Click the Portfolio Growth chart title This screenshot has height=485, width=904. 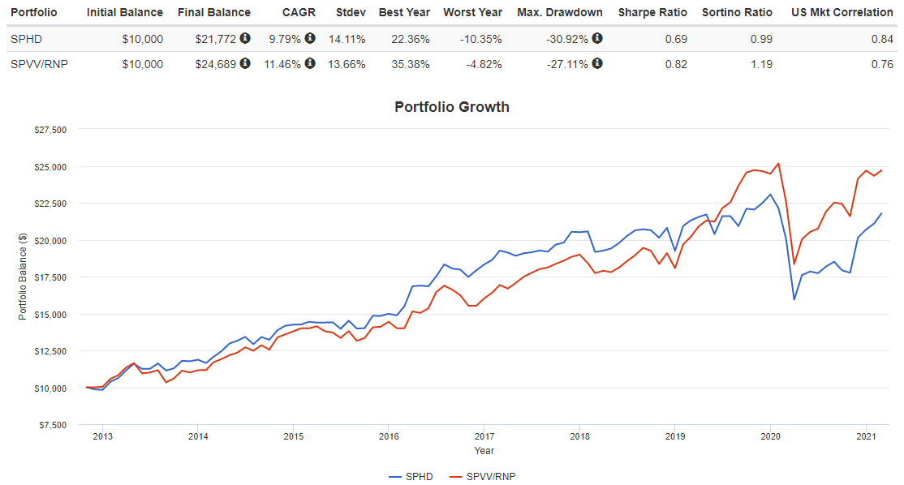point(451,106)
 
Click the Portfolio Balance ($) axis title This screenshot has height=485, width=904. point(23,277)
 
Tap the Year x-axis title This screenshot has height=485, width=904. point(484,451)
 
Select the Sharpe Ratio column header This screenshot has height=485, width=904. point(652,12)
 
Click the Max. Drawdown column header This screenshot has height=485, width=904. point(560,12)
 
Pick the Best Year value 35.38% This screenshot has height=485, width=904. point(411,65)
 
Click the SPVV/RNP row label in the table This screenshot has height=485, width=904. point(37,65)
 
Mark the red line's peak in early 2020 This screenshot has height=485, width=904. point(779,163)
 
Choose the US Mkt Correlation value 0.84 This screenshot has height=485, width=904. point(882,39)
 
